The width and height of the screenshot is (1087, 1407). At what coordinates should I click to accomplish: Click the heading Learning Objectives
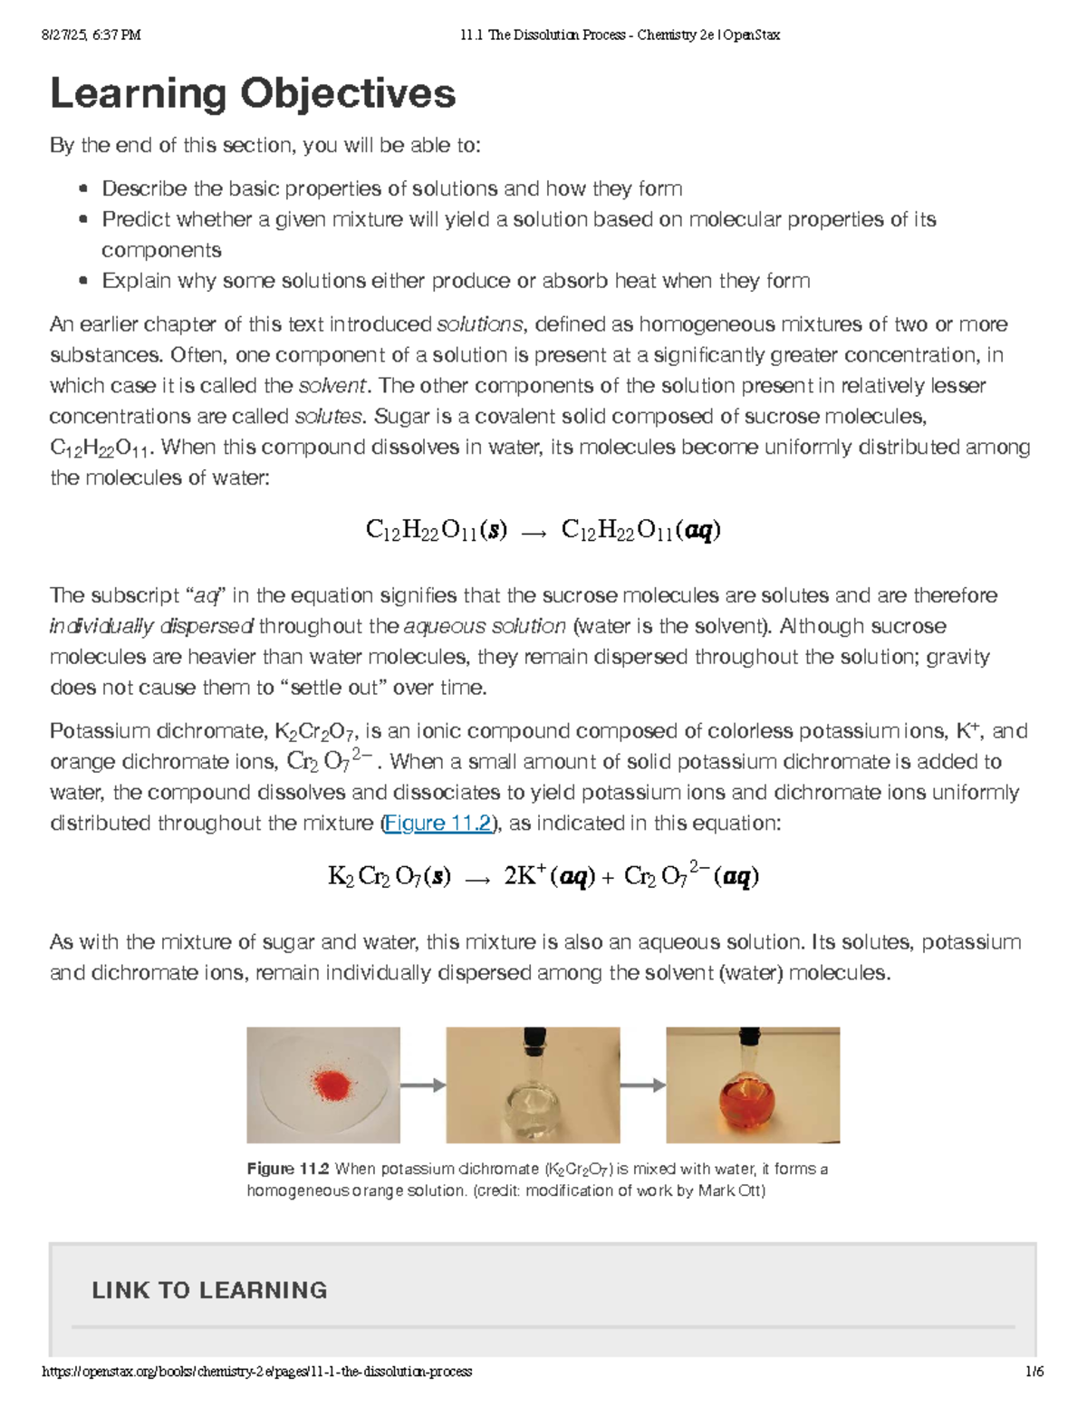click(253, 93)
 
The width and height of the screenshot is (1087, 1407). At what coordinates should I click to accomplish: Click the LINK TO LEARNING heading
click(209, 1290)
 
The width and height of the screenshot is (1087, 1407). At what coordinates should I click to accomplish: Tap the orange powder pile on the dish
click(332, 1083)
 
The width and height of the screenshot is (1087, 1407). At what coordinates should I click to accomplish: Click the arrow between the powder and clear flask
click(423, 1085)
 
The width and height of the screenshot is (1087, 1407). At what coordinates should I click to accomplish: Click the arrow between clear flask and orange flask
click(643, 1085)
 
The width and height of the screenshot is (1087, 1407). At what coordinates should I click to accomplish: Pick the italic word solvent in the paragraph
click(332, 386)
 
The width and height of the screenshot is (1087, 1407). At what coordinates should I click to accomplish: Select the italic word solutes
click(329, 417)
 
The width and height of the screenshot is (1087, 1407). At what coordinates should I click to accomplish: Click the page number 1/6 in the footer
click(1034, 1372)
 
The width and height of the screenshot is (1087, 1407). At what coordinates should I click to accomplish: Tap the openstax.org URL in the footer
click(257, 1372)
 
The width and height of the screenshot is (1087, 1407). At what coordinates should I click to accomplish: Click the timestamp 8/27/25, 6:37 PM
click(91, 35)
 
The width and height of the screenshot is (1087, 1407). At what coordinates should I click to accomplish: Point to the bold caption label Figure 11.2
click(288, 1169)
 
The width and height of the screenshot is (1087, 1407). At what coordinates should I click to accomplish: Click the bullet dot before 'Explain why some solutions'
click(83, 281)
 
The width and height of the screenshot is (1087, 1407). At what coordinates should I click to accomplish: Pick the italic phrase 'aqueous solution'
click(485, 626)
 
